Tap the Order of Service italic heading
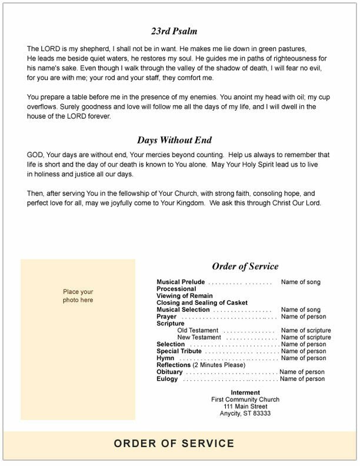(x=245, y=267)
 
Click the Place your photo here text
(x=79, y=295)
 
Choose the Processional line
(x=176, y=289)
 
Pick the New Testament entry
(x=199, y=338)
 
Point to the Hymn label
(x=165, y=358)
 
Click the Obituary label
(x=169, y=372)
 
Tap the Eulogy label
(x=167, y=380)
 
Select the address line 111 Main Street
(x=245, y=407)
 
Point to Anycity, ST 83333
(x=245, y=414)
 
